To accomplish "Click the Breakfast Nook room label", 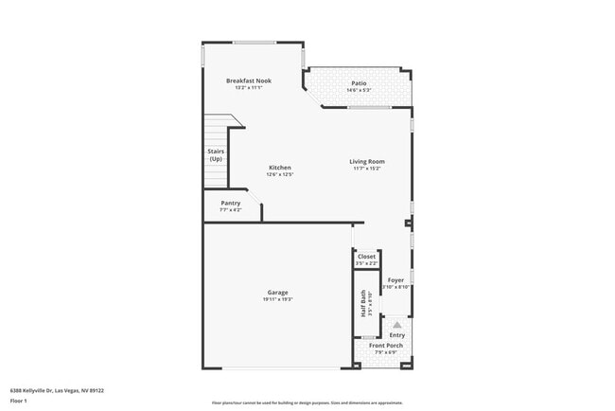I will point(249,80).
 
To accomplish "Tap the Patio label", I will point(359,83).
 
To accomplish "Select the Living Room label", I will point(367,161).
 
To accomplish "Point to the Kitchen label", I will point(279,168).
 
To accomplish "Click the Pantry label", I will point(231,203).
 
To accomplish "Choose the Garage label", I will point(277,293).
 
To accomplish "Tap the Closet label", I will point(366,257).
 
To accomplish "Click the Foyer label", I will point(395,280).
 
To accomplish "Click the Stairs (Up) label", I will point(216,154).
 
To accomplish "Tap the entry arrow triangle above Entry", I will point(397,324).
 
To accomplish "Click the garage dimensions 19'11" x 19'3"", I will point(277,299).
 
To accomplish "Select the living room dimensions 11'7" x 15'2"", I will point(367,169).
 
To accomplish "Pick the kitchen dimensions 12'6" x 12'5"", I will point(279,174).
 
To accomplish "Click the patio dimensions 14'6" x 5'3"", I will point(359,90).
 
